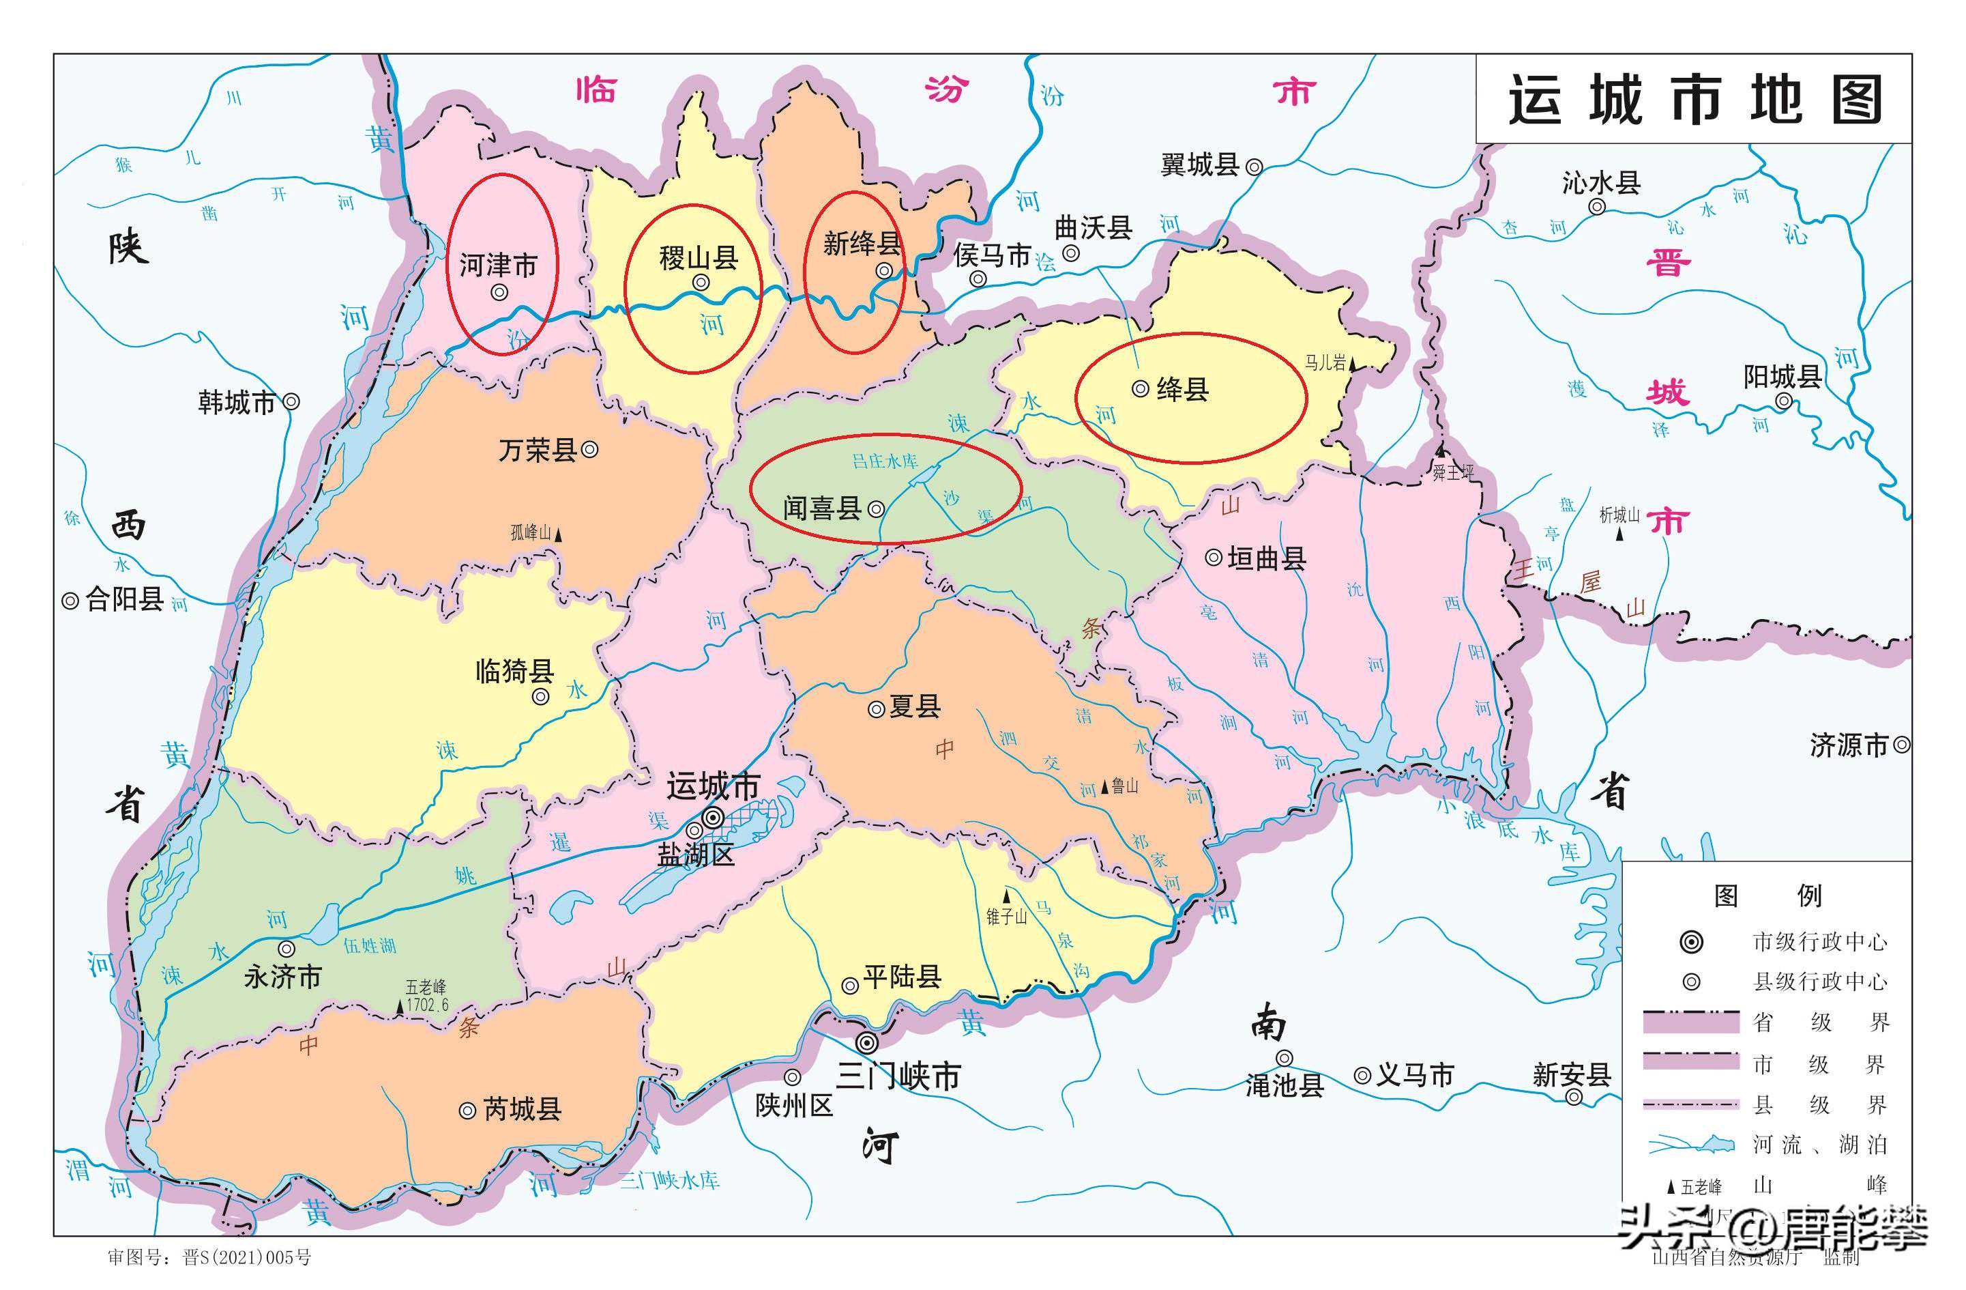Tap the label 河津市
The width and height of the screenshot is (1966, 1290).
click(x=497, y=266)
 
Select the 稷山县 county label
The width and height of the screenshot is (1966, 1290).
click(x=698, y=259)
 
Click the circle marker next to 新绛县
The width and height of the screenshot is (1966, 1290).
click(x=885, y=271)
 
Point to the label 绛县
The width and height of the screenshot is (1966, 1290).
click(x=1182, y=388)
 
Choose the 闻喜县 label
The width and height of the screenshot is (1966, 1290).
click(x=822, y=507)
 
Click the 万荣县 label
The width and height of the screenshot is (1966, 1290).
click(x=537, y=450)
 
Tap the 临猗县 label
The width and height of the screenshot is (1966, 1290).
click(x=514, y=670)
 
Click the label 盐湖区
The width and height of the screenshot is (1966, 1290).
click(x=696, y=855)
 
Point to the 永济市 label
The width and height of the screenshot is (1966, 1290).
click(x=282, y=977)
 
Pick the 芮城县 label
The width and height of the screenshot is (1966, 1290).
click(x=522, y=1109)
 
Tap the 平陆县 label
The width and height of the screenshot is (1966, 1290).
click(x=902, y=977)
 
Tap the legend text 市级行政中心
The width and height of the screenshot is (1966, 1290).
click(x=1820, y=941)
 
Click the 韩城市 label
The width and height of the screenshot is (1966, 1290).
click(x=236, y=403)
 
